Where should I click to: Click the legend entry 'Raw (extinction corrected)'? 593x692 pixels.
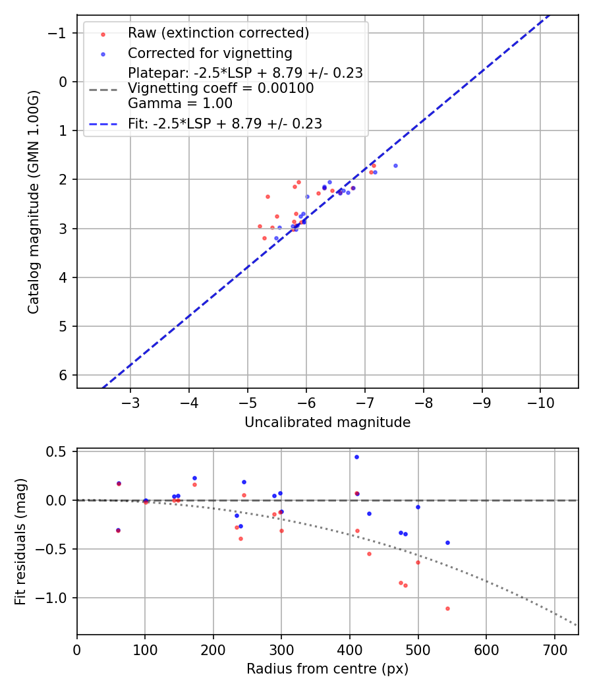click(x=218, y=33)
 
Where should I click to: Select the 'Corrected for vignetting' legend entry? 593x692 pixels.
click(x=210, y=53)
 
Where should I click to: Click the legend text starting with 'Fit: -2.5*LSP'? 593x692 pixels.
click(x=225, y=123)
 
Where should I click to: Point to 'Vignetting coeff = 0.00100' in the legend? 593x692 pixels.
click(x=221, y=88)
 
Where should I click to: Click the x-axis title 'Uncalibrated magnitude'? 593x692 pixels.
click(x=327, y=422)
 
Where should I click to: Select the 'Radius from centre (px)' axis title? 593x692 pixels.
click(x=327, y=669)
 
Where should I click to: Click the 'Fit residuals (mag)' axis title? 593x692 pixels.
click(x=20, y=542)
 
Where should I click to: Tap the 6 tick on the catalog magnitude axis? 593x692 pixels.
click(x=64, y=375)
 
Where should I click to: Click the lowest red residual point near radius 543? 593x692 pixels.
click(x=447, y=608)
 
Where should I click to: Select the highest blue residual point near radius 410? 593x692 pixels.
click(x=356, y=457)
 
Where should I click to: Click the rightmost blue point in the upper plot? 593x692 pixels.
click(x=395, y=165)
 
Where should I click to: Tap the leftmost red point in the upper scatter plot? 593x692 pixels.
click(x=260, y=226)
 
